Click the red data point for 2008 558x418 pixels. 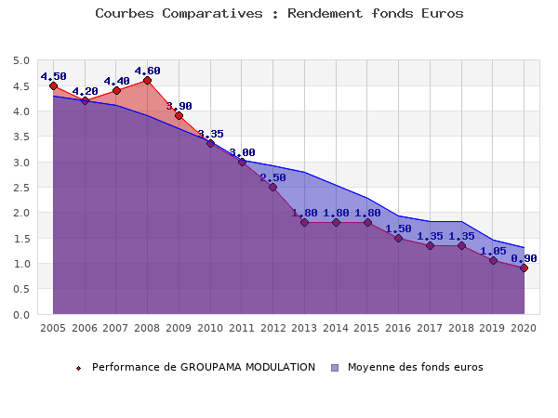tap(147, 81)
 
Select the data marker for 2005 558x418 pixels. tap(53, 85)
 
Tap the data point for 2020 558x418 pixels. tap(524, 268)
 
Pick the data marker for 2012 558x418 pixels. tap(272, 188)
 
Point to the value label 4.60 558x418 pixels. tap(147, 71)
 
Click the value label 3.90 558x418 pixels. tap(179, 106)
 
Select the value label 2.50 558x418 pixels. tap(272, 177)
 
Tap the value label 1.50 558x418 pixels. tap(398, 229)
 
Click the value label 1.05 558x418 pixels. tap(493, 250)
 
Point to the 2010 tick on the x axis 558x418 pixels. tap(210, 328)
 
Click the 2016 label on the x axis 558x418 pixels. tap(398, 328)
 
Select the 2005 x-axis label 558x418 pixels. tap(53, 328)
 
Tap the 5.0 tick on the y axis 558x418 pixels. tap(20, 61)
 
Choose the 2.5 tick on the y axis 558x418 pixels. tap(20, 188)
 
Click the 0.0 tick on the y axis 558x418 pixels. tap(20, 315)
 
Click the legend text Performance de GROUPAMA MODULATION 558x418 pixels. tap(204, 367)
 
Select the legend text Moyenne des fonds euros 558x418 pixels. tap(415, 367)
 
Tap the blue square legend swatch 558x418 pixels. tap(336, 368)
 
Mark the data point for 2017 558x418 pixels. tap(430, 246)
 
